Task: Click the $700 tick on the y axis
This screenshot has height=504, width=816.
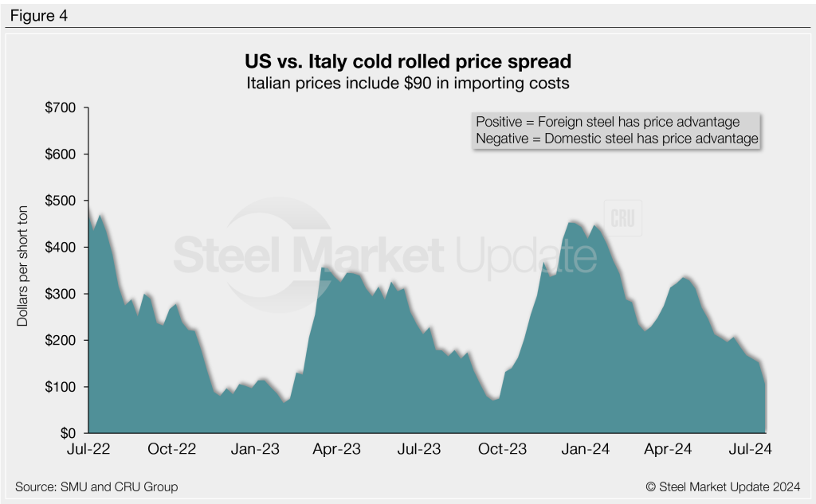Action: coord(62,107)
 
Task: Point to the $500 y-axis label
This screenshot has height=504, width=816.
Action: coord(62,201)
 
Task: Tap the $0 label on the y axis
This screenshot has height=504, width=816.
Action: coord(70,434)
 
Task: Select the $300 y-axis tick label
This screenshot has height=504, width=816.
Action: coord(62,294)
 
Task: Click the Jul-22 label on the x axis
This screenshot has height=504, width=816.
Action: coord(89,450)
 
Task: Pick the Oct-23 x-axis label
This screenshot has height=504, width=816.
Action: coord(503,450)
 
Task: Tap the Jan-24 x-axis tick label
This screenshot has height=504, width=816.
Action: coord(586,450)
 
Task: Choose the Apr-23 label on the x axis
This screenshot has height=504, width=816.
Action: coord(338,450)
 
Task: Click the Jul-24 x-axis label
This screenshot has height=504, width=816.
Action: coord(751,450)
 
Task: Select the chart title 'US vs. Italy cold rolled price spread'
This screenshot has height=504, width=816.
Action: coord(408,61)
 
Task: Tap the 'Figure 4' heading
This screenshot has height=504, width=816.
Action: coord(39,14)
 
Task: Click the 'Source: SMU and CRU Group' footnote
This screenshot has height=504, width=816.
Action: coord(96,486)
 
